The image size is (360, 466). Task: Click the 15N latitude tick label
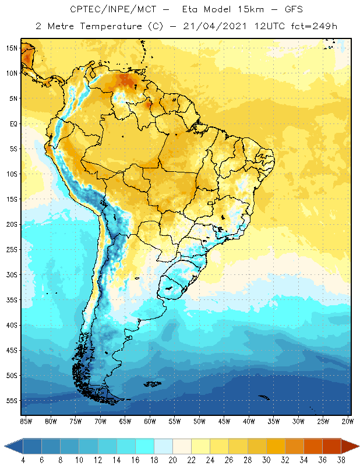pyautogui.click(x=12, y=48)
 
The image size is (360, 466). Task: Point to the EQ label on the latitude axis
pyautogui.click(x=13, y=123)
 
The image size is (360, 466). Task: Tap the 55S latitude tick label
pyautogui.click(x=12, y=401)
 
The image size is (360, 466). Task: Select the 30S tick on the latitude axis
pyautogui.click(x=12, y=274)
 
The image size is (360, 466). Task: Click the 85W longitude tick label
pyautogui.click(x=26, y=421)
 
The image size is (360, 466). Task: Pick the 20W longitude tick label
pyautogui.click(x=347, y=421)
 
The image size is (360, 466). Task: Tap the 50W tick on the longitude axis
pyautogui.click(x=199, y=421)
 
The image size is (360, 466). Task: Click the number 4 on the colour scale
pyautogui.click(x=23, y=460)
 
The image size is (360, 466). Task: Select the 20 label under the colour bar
pyautogui.click(x=172, y=460)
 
